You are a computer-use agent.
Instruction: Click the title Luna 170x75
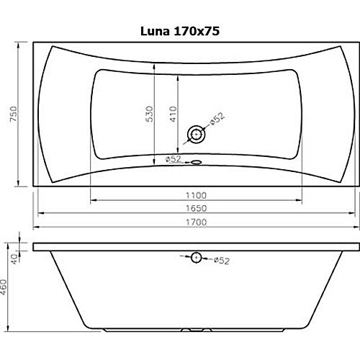pyautogui.click(x=180, y=31)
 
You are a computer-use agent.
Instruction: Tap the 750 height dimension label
pyautogui.click(x=14, y=114)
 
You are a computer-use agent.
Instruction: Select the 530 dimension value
pyautogui.click(x=149, y=114)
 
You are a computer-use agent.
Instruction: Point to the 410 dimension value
pyautogui.click(x=173, y=114)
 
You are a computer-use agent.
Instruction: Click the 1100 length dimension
pyautogui.click(x=196, y=196)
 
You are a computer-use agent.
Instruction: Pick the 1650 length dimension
pyautogui.click(x=196, y=208)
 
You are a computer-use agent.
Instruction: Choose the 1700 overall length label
pyautogui.click(x=196, y=222)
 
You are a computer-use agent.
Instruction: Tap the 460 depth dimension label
pyautogui.click(x=4, y=287)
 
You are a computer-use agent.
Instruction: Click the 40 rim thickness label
pyautogui.click(x=15, y=259)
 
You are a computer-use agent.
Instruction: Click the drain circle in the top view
pyautogui.click(x=197, y=135)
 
